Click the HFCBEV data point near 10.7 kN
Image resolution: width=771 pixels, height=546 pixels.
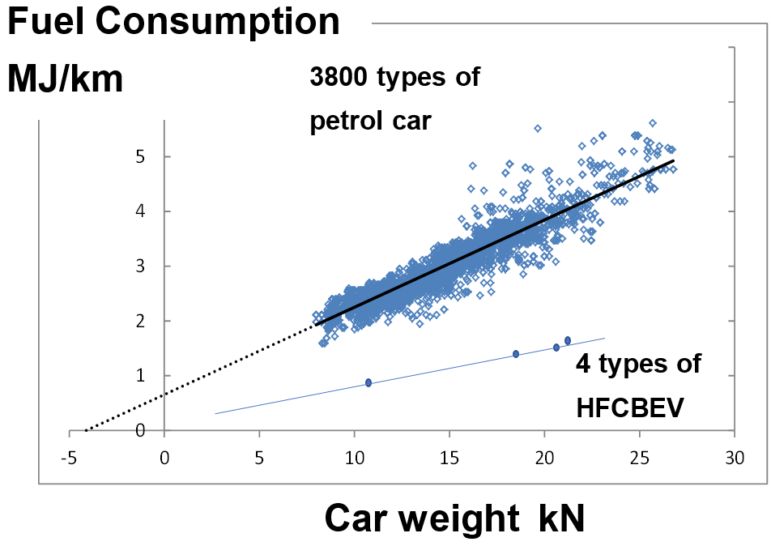coord(368,382)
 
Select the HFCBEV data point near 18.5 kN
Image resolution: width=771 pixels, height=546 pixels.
coord(516,354)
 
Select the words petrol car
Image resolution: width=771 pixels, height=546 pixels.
coord(370,122)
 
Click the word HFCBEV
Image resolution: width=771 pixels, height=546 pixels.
coord(630,407)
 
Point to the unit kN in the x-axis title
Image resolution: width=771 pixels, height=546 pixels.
coord(560,519)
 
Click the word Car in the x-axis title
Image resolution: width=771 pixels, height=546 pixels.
coord(362,519)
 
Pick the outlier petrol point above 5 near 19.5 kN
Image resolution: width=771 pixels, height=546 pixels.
coord(537,128)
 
